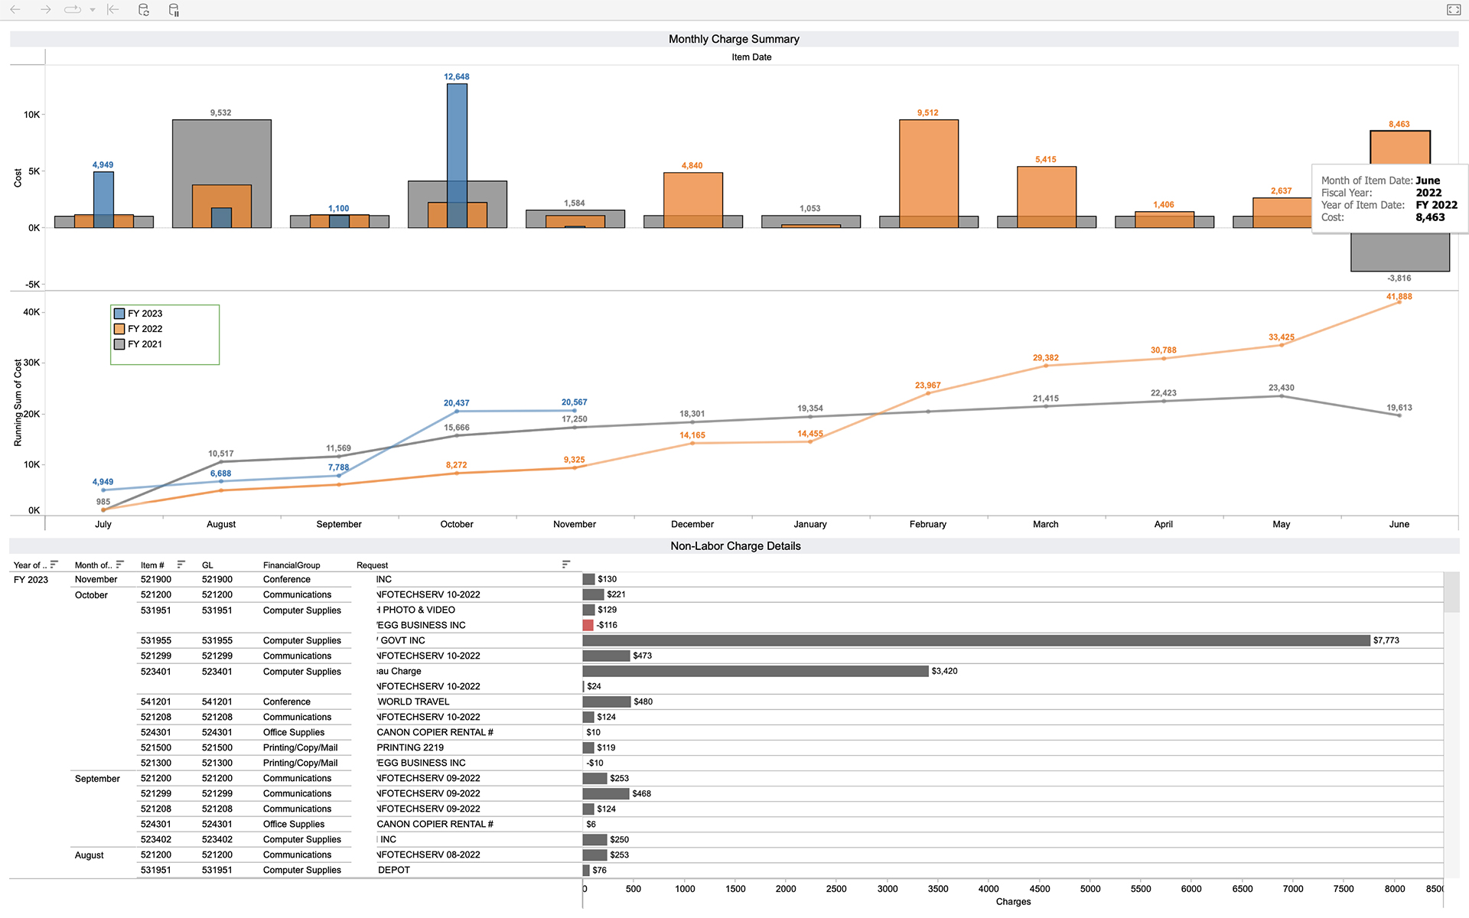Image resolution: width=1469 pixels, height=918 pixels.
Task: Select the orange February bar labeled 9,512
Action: (928, 168)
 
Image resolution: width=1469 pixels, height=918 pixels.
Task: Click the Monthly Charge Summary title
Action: (734, 39)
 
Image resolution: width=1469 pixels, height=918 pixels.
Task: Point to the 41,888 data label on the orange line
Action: (1399, 297)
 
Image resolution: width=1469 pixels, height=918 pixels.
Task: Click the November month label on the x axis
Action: (574, 524)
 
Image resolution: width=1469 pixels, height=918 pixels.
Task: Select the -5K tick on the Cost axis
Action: (33, 285)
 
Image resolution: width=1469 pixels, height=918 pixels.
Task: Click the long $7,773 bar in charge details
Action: (976, 640)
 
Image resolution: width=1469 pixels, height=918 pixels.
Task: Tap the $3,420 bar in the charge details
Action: (755, 671)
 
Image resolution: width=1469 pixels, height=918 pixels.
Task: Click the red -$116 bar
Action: (588, 625)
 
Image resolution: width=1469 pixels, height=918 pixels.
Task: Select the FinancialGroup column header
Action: (292, 565)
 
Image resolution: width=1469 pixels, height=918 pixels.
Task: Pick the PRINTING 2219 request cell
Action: (410, 747)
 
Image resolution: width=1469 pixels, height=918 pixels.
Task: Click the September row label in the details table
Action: (97, 779)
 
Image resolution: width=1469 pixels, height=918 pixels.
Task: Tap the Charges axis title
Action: (1013, 902)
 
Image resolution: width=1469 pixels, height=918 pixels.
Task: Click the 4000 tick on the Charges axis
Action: (989, 889)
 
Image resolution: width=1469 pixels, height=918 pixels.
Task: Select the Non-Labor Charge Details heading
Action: (735, 546)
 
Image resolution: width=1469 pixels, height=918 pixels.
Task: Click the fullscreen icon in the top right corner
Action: (1454, 10)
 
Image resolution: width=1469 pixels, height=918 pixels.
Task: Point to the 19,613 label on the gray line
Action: (1399, 408)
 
